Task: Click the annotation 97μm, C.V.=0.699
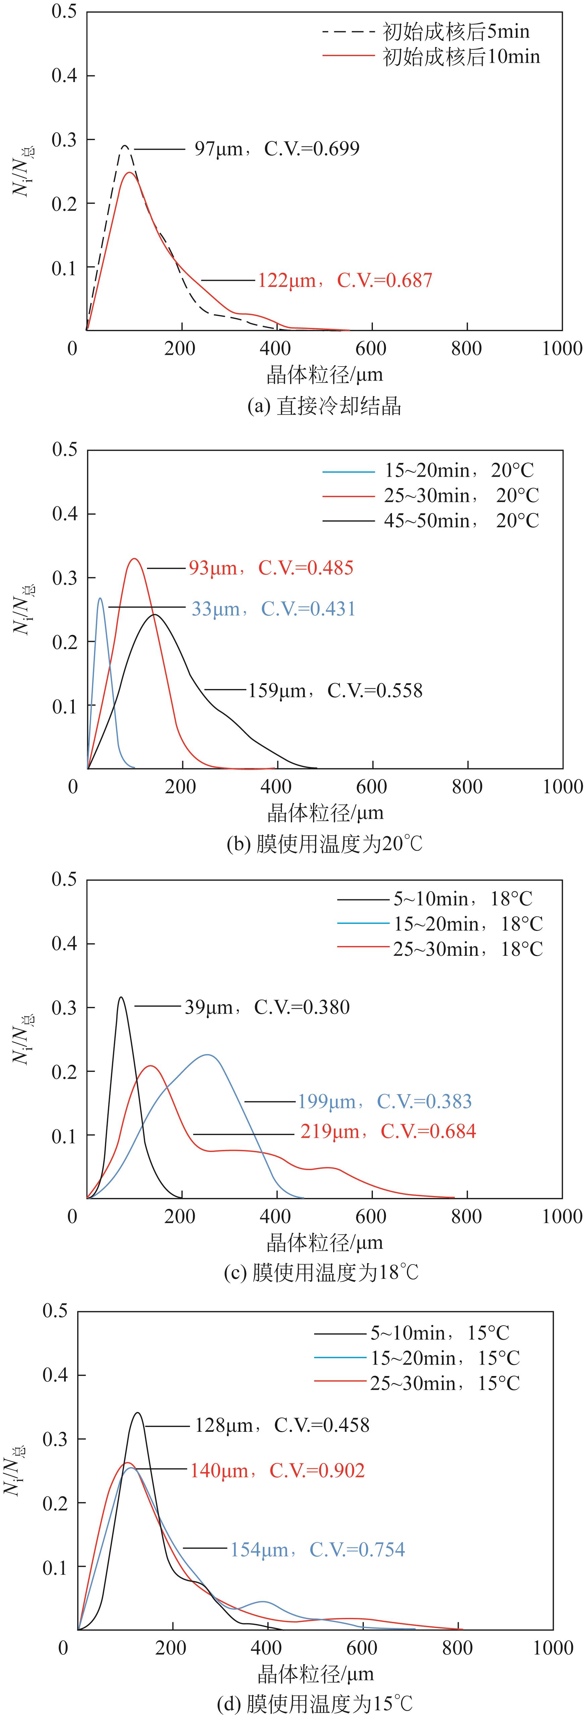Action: [276, 148]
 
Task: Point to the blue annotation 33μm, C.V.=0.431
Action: [273, 608]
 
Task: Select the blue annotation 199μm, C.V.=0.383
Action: [384, 1101]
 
